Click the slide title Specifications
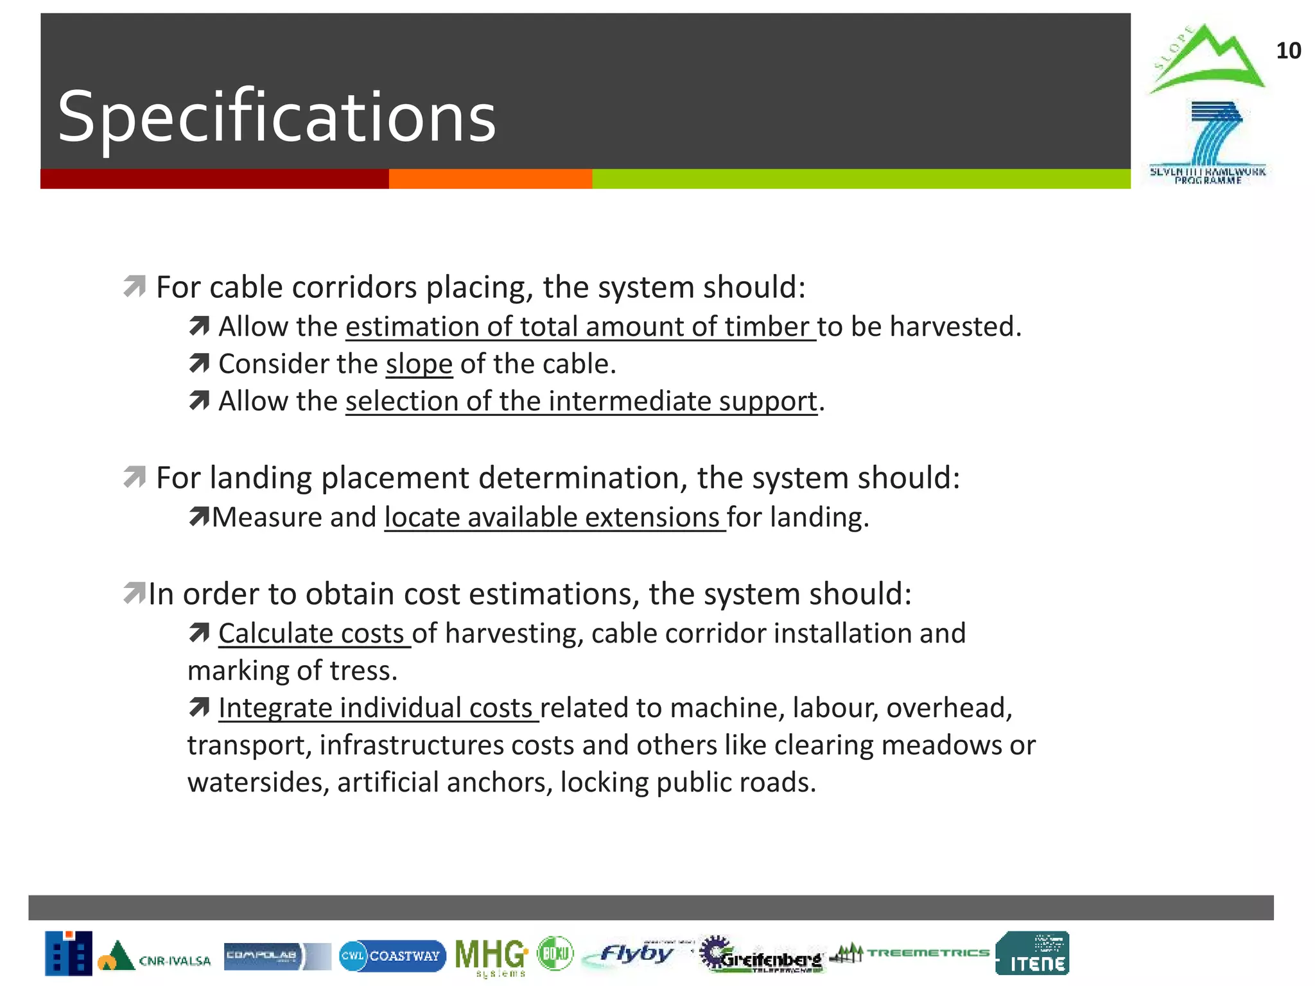(276, 117)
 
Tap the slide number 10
(1287, 51)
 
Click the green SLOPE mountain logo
(1206, 60)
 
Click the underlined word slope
(419, 364)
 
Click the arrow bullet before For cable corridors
(135, 286)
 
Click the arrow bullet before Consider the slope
(199, 364)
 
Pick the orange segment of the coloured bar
(490, 178)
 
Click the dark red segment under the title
(214, 178)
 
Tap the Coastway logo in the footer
(392, 956)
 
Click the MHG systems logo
(491, 956)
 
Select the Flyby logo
(636, 955)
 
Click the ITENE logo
(1032, 953)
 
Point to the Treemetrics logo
(910, 953)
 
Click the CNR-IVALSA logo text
(175, 960)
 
